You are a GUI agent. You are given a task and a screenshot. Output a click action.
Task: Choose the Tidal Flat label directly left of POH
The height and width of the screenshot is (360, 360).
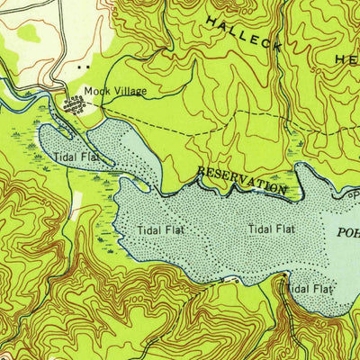pyautogui.click(x=272, y=229)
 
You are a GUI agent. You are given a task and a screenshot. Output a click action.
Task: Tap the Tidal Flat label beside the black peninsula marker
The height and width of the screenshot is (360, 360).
pyautogui.click(x=307, y=289)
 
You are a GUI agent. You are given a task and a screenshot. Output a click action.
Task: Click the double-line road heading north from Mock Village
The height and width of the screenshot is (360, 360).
pyautogui.click(x=61, y=45)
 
